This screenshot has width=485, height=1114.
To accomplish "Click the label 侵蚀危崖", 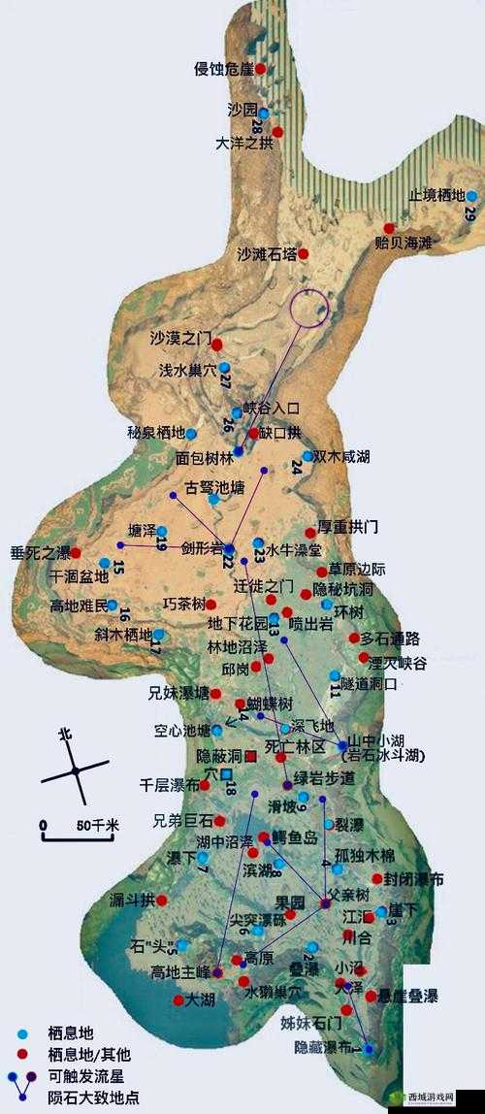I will coord(223,68).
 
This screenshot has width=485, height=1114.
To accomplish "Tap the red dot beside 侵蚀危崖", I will coord(260,68).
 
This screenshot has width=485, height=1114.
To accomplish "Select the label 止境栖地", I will coord(436,194).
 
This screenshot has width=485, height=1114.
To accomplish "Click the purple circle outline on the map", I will coord(309,309).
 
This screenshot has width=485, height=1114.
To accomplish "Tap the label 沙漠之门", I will coord(180,339).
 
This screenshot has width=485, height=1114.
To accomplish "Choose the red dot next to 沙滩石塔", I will coord(303,254).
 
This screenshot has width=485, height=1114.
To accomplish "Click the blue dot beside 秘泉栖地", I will coord(191,434).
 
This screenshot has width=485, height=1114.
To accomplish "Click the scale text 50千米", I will coord(97,825).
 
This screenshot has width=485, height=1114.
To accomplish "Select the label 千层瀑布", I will coord(170,783).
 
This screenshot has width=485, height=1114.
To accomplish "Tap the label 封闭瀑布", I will coord(414,879).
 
